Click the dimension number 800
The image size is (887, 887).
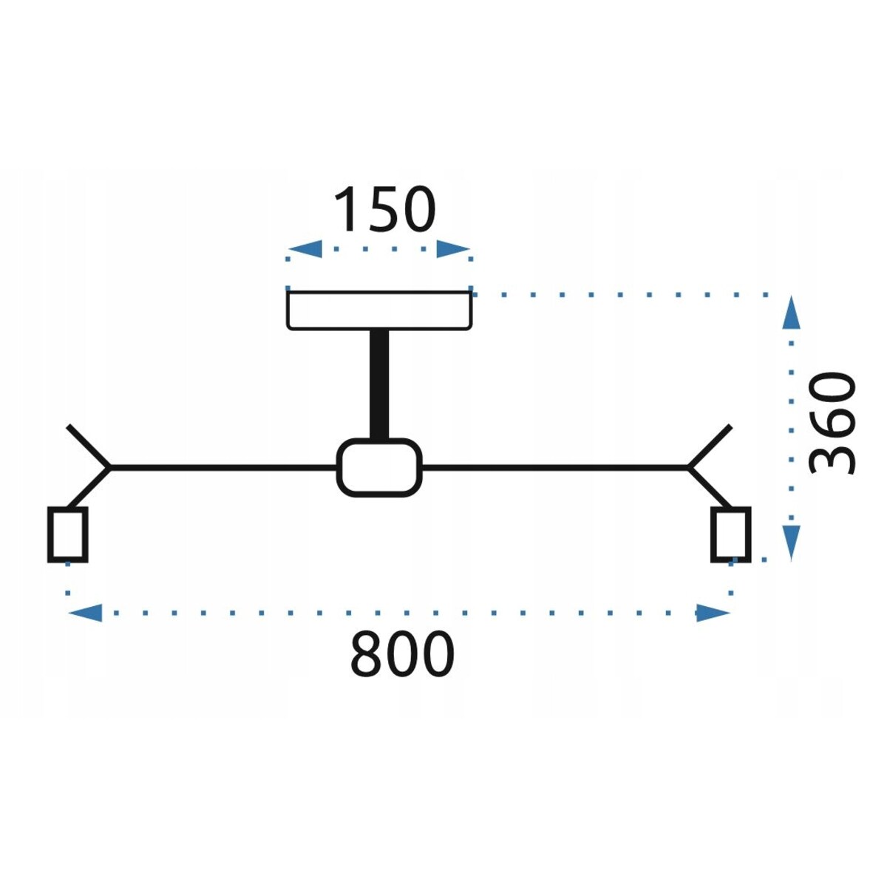point(401,654)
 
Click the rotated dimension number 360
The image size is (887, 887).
point(832,423)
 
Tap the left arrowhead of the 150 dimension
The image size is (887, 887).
point(305,249)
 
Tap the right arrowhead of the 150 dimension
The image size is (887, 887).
point(452,249)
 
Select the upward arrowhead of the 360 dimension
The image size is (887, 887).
point(792,313)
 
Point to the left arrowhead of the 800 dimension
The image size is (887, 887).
point(85,612)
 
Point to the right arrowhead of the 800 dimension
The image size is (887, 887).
point(713,612)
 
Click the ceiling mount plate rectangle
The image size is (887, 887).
point(379,310)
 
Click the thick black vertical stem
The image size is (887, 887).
point(379,384)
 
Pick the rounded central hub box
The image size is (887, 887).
point(379,467)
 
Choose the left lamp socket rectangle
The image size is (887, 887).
point(68,534)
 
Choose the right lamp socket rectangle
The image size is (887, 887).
point(731,534)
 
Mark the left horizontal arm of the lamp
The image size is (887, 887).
point(222,467)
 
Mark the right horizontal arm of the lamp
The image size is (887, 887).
point(554,467)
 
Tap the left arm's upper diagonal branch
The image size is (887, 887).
point(89,446)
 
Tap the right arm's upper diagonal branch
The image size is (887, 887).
point(710,446)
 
